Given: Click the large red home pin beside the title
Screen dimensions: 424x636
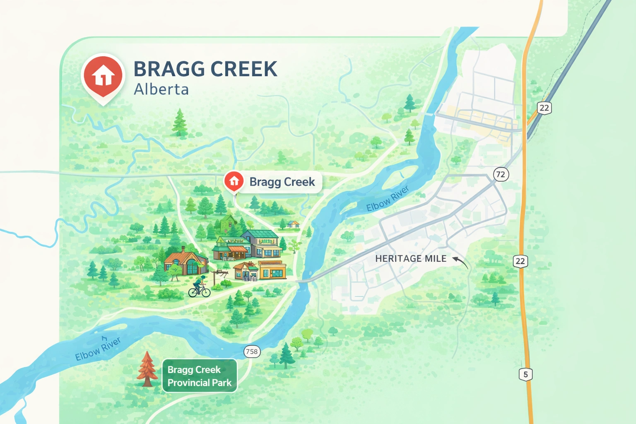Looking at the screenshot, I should pyautogui.click(x=103, y=76).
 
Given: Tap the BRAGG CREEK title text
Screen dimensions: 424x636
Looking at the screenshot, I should pyautogui.click(x=205, y=69).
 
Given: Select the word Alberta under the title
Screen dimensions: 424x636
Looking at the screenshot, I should pyautogui.click(x=161, y=89).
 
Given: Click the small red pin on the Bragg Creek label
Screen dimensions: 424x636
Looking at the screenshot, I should pyautogui.click(x=234, y=181).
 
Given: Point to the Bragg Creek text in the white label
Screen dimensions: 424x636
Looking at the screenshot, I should pyautogui.click(x=282, y=182).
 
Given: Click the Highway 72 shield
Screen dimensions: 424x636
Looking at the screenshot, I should pyautogui.click(x=501, y=174).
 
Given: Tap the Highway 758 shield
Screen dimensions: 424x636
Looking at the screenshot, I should pyautogui.click(x=252, y=352).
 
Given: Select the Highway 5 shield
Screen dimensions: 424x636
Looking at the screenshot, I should pyautogui.click(x=525, y=374).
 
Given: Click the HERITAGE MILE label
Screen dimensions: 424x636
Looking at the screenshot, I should pyautogui.click(x=411, y=259).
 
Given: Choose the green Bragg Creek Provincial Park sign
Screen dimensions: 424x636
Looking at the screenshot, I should pyautogui.click(x=200, y=376).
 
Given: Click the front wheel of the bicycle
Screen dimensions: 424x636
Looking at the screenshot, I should pyautogui.click(x=205, y=292).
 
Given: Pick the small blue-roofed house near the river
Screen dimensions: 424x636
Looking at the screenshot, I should pyautogui.click(x=293, y=224).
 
